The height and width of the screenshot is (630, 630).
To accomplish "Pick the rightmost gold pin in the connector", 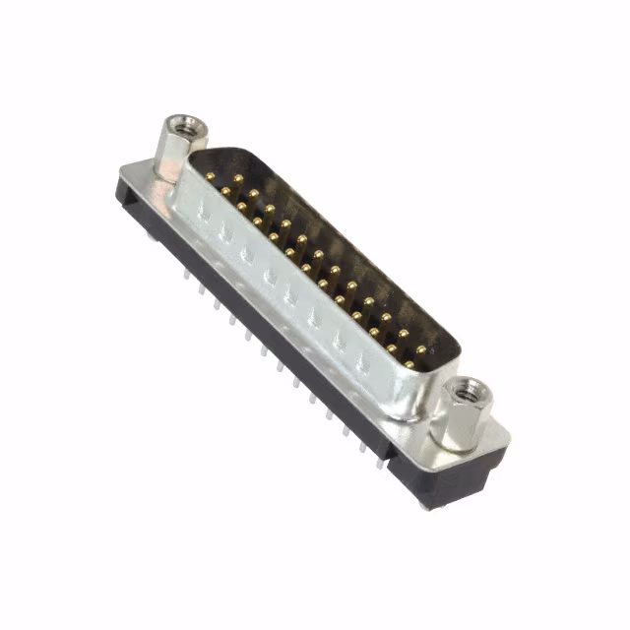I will (x=422, y=349).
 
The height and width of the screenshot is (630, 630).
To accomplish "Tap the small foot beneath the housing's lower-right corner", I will (x=425, y=504).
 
